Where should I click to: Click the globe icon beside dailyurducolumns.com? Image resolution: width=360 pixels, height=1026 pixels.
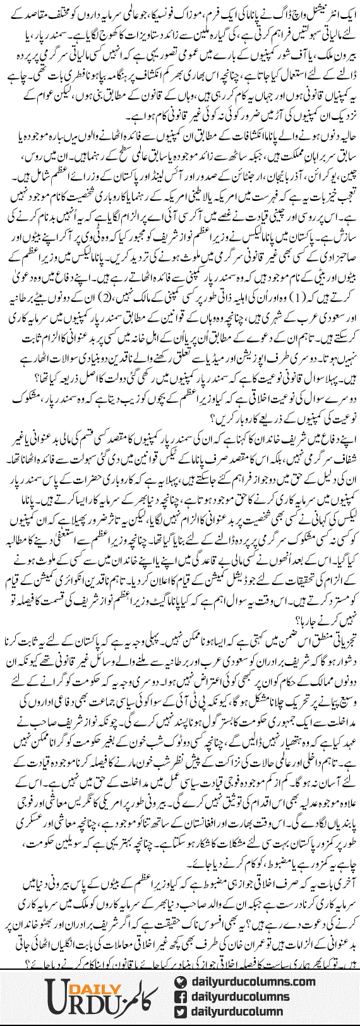181,982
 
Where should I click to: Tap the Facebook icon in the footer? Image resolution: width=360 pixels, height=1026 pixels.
181,997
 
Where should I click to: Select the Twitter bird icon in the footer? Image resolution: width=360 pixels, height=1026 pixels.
181,1012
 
